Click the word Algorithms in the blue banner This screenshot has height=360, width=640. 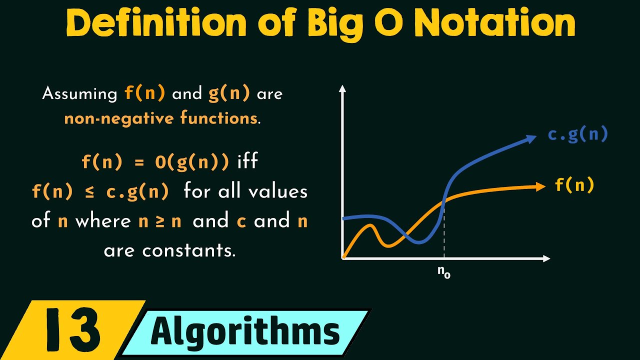point(245,331)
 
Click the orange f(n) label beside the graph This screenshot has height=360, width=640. point(574,185)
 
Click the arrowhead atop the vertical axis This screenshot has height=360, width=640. point(342,89)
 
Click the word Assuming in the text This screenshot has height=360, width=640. point(79,93)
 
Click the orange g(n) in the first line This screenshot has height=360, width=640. point(229,93)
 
